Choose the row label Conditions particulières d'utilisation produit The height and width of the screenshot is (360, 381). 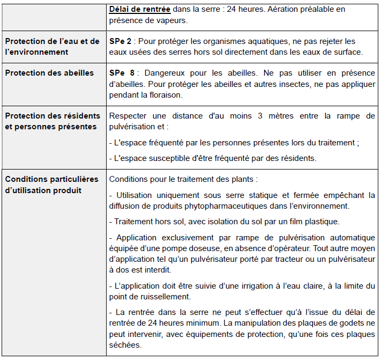[51, 185]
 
